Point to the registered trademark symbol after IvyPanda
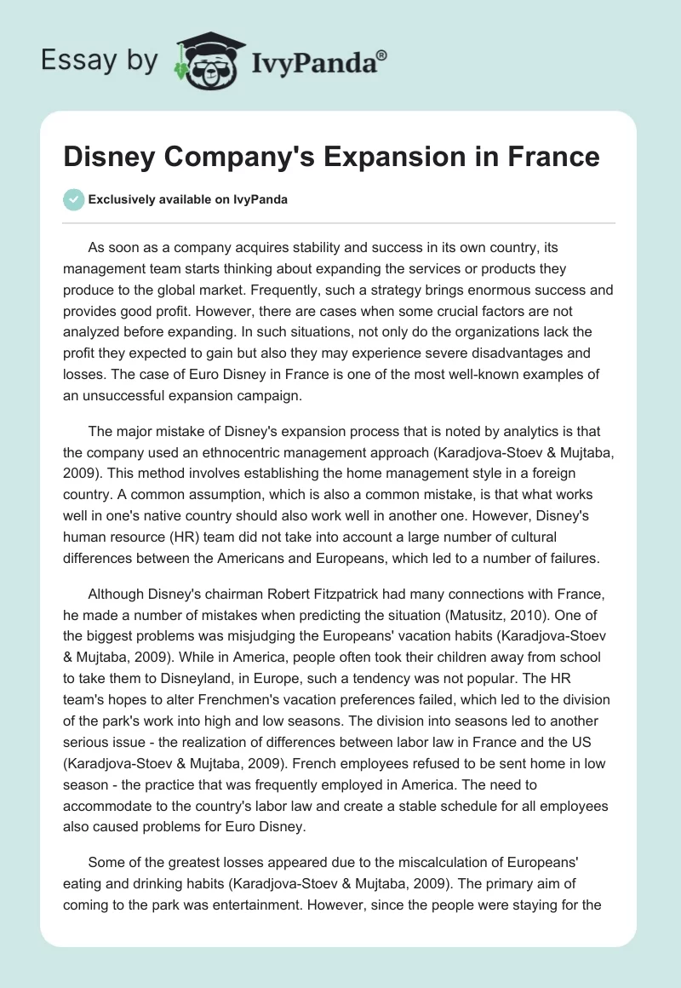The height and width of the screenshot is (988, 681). (382, 55)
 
